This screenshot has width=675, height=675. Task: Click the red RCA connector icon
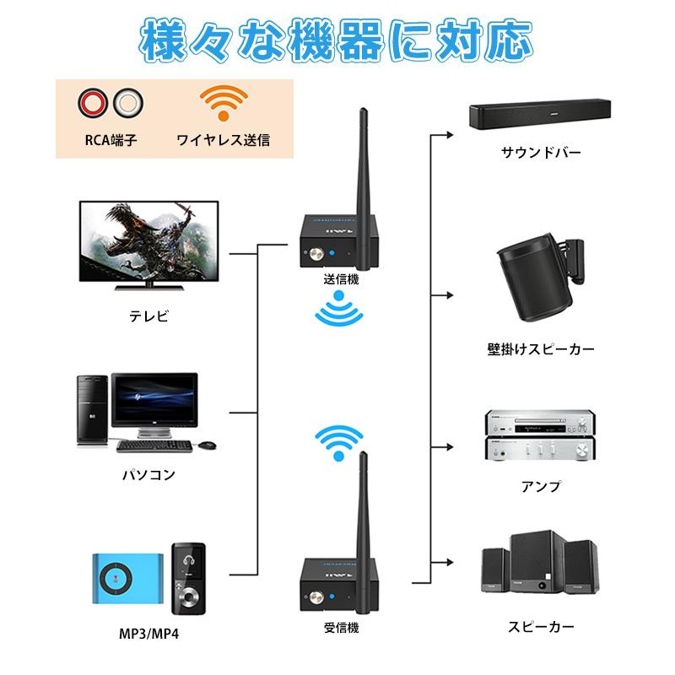(91, 105)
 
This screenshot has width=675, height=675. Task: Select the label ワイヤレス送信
(223, 140)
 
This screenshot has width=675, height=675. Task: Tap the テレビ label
(148, 316)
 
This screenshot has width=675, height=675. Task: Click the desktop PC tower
(93, 411)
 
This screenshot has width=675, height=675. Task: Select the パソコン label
(148, 474)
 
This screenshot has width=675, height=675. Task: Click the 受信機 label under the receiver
(341, 628)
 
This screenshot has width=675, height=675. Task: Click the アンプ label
(541, 487)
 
